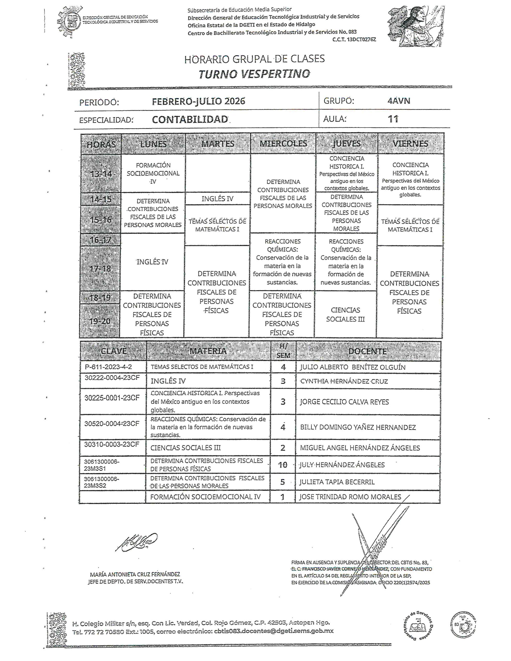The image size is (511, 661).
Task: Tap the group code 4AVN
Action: pos(399,101)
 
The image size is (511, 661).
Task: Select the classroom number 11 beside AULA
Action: pos(393,119)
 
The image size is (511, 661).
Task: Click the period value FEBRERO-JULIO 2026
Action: pos(198,101)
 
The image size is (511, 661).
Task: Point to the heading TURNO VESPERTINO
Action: pos(254,74)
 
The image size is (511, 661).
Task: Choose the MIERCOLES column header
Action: pos(283,144)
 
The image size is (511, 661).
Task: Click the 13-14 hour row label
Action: pos(101,174)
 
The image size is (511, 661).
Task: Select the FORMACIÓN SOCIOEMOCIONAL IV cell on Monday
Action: pos(153,173)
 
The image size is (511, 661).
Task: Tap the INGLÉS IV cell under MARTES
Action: pos(218,199)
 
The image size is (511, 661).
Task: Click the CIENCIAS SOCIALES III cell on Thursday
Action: pos(345,314)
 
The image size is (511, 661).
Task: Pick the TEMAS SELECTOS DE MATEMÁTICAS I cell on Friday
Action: pos(410,225)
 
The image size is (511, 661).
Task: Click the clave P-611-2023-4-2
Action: pos(108,367)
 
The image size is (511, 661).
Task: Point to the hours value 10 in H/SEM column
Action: pos(283,465)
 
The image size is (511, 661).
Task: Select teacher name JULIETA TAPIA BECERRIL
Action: pos(337,482)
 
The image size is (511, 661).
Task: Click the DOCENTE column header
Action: pos(367,351)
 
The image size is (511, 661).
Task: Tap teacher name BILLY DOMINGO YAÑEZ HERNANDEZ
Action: pos(358,427)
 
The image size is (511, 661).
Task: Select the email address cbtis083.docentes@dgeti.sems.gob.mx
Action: pos(274,631)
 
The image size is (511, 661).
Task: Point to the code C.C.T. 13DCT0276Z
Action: pos(354,39)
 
